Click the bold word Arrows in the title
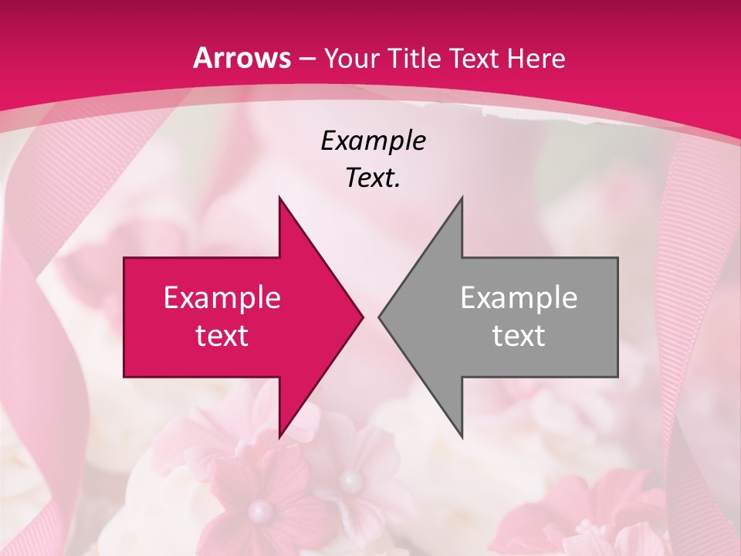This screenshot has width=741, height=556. pyautogui.click(x=242, y=58)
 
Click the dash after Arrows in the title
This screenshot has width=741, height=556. pyautogui.click(x=306, y=59)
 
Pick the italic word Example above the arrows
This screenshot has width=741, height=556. pyautogui.click(x=373, y=141)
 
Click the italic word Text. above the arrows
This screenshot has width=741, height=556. pyautogui.click(x=373, y=178)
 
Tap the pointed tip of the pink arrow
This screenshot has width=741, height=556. pyautogui.click(x=363, y=317)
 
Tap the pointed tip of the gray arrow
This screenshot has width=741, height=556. pyautogui.click(x=379, y=317)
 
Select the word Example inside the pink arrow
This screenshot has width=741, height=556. pyautogui.click(x=222, y=298)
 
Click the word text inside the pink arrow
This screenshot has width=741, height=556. pyautogui.click(x=222, y=336)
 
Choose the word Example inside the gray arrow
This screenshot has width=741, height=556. pyautogui.click(x=519, y=298)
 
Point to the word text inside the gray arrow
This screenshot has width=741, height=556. pyautogui.click(x=519, y=336)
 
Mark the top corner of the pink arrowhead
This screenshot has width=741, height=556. pyautogui.click(x=279, y=198)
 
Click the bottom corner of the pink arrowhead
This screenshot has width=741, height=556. pyautogui.click(x=279, y=438)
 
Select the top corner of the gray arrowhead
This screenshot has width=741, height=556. pyautogui.click(x=462, y=198)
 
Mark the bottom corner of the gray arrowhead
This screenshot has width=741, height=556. pyautogui.click(x=462, y=438)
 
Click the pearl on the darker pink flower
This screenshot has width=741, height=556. pyautogui.click(x=260, y=510)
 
